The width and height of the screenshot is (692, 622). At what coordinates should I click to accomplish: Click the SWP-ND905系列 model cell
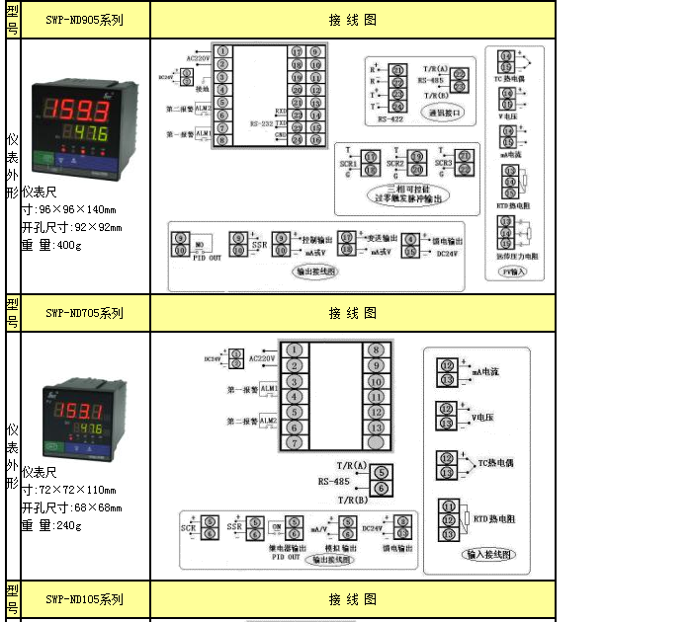point(84,20)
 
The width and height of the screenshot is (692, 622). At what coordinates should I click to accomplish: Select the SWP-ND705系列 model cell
point(84,313)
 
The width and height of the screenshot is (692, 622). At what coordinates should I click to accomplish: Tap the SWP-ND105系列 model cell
point(84,599)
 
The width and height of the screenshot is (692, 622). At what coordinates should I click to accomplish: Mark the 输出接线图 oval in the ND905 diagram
point(316,270)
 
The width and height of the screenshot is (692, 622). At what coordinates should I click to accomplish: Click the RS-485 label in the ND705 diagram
point(333,481)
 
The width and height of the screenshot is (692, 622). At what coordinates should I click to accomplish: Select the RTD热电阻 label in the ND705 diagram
point(494,518)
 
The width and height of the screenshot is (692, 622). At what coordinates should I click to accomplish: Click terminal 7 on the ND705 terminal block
point(294,443)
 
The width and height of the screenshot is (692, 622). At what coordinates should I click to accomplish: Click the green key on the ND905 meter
point(43,158)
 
